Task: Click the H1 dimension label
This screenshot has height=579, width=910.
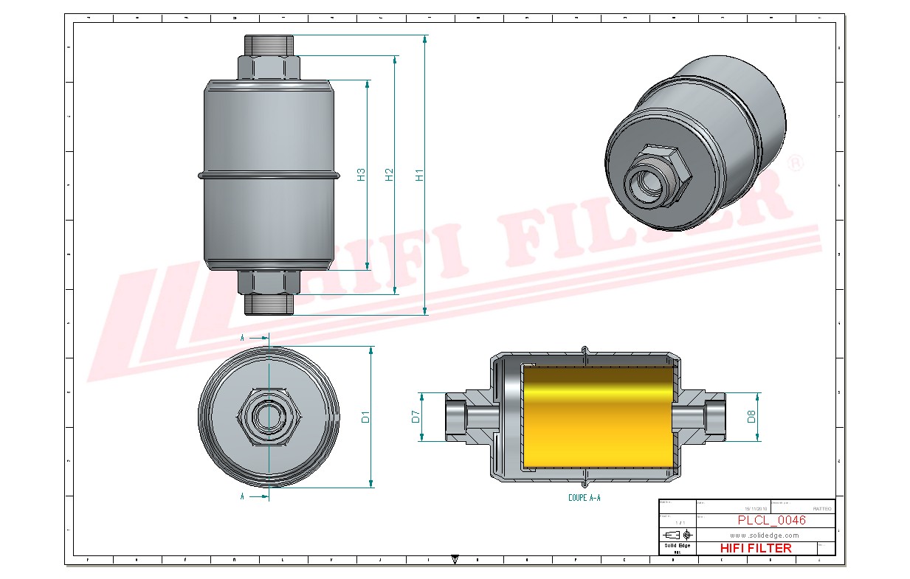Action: (x=419, y=176)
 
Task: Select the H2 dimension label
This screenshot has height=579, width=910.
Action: (x=390, y=176)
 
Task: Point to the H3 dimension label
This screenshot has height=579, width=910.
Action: (x=361, y=176)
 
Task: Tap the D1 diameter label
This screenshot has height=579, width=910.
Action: (x=365, y=417)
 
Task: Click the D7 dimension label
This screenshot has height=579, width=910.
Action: (x=416, y=417)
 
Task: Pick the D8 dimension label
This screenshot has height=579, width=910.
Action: (x=751, y=417)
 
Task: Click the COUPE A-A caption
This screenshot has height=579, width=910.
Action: (x=584, y=498)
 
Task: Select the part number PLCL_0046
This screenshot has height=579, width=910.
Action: (x=771, y=520)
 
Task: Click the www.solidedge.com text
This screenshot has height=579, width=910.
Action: (x=765, y=535)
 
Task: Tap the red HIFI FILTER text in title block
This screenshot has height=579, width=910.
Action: (x=755, y=548)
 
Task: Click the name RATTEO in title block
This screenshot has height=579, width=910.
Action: (x=821, y=509)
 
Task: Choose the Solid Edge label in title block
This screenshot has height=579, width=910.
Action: (x=677, y=546)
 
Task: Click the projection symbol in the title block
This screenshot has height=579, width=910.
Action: (x=678, y=534)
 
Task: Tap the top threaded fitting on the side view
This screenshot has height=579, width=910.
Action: (x=269, y=45)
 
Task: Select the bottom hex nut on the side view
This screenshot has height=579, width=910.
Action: (x=269, y=282)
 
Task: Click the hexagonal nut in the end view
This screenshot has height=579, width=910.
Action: (x=268, y=417)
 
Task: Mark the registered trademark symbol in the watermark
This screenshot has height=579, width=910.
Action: (x=795, y=163)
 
